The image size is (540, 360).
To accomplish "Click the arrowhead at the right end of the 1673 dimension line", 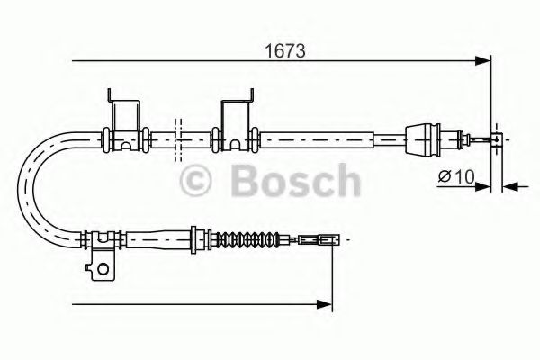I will click(x=485, y=61).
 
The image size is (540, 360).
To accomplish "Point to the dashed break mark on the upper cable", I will click(x=179, y=136).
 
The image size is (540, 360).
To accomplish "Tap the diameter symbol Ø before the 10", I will click(x=444, y=176).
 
